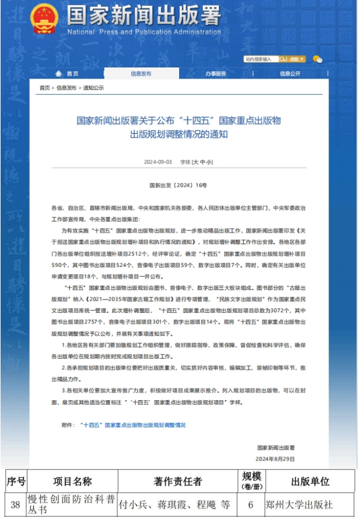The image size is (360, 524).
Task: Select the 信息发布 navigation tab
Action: click(141, 74)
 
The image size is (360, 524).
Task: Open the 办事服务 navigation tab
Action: click(216, 74)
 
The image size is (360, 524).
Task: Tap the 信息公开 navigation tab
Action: click(290, 74)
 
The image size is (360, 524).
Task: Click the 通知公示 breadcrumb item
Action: click(93, 88)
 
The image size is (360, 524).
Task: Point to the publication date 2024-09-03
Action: click(158, 162)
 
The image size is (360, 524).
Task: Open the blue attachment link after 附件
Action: click(133, 425)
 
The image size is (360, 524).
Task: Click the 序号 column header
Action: click(16, 482)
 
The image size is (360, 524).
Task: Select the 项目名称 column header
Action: click(73, 482)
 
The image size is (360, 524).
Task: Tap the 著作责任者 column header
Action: click(178, 482)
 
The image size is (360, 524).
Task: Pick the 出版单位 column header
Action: click(309, 482)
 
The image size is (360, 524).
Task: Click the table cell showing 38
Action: click(16, 505)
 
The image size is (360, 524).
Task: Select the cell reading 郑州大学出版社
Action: click(299, 505)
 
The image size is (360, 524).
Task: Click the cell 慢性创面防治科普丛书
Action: click(72, 505)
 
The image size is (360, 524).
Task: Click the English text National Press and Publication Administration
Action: click(144, 31)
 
